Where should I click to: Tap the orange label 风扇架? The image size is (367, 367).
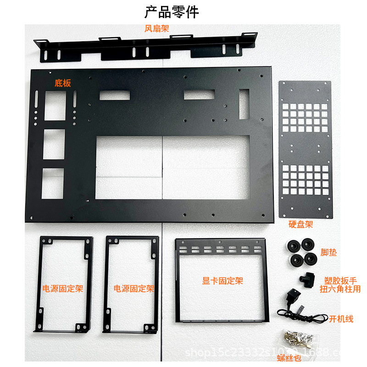pos(157,29)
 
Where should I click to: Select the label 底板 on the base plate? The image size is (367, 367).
pos(63,83)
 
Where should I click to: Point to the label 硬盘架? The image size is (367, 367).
pos(300,224)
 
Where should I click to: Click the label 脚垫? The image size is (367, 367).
pos(328,252)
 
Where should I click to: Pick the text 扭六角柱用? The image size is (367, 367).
pos(340,289)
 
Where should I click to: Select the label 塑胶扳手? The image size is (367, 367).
pos(340,280)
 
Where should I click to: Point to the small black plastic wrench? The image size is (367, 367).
pos(306,278)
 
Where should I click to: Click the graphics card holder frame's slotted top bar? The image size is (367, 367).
pos(220,248)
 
